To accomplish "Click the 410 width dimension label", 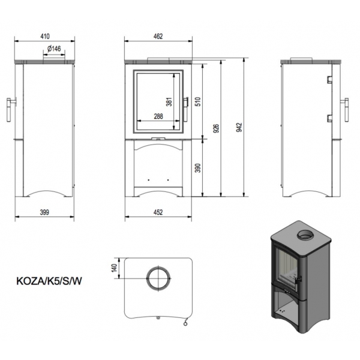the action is [x=45, y=36].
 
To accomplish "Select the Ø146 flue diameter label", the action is [x=54, y=49].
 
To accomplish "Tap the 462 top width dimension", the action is [x=158, y=36].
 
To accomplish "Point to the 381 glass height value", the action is [x=169, y=102].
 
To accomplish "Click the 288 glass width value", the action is [x=158, y=116].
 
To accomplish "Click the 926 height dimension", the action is [x=216, y=128].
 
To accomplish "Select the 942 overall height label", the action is [x=239, y=127].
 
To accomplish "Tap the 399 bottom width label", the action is [x=44, y=212].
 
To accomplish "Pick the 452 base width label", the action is [x=158, y=212].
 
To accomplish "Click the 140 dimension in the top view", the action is [x=114, y=268].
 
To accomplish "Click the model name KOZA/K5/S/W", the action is [x=49, y=281].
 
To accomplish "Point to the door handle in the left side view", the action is [x=10, y=110].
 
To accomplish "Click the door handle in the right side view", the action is [x=345, y=110].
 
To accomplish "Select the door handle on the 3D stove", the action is [x=299, y=280].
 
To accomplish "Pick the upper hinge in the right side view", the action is [x=329, y=79].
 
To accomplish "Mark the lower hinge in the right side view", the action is [x=329, y=118].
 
